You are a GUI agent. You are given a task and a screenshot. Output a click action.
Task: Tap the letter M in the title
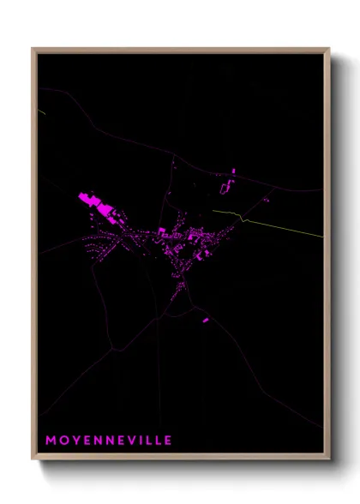click(51, 441)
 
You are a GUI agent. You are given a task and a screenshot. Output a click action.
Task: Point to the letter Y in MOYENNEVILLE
click(75, 441)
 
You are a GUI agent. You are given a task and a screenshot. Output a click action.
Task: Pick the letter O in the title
click(63, 441)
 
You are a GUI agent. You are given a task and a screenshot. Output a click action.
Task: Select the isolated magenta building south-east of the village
click(205, 321)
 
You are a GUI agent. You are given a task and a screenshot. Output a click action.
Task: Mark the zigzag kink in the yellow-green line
click(243, 218)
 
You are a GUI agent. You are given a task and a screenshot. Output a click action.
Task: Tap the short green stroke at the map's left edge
click(40, 111)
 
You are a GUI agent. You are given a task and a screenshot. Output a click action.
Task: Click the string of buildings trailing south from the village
click(180, 287)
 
